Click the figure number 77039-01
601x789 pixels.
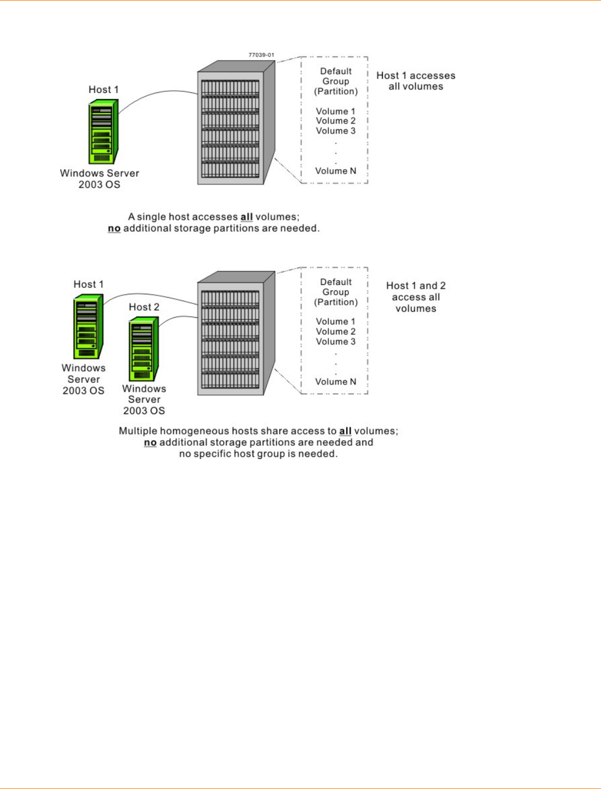tap(261, 55)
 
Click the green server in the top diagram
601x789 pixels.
tap(103, 132)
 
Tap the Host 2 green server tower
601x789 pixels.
tap(143, 349)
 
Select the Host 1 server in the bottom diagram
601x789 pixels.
tap(88, 327)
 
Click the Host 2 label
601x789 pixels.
tap(144, 307)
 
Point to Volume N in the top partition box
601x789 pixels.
tap(336, 171)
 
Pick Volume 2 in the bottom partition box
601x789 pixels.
tap(336, 332)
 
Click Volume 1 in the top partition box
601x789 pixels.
tap(336, 111)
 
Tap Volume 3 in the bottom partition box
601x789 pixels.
tap(336, 342)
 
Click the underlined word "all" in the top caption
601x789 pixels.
tap(247, 217)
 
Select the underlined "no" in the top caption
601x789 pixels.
tap(114, 229)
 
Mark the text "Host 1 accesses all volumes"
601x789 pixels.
tap(416, 81)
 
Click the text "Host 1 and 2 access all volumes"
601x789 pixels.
tap(416, 297)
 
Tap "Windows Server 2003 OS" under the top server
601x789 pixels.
tap(100, 179)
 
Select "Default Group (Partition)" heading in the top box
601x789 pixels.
tap(336, 81)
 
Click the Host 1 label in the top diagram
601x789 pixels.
tap(104, 90)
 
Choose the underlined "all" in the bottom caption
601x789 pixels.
tap(346, 431)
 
